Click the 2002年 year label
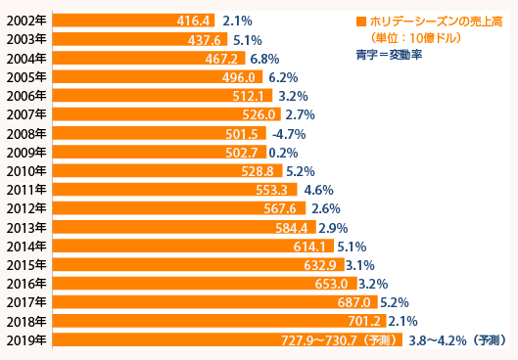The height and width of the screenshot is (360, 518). pyautogui.click(x=27, y=21)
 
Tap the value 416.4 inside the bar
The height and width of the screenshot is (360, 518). pyautogui.click(x=194, y=21)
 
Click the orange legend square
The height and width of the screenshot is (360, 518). pyautogui.click(x=362, y=21)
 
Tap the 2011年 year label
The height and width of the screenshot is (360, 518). pyautogui.click(x=27, y=190)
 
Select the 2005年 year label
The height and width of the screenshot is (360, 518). pyautogui.click(x=27, y=77)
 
